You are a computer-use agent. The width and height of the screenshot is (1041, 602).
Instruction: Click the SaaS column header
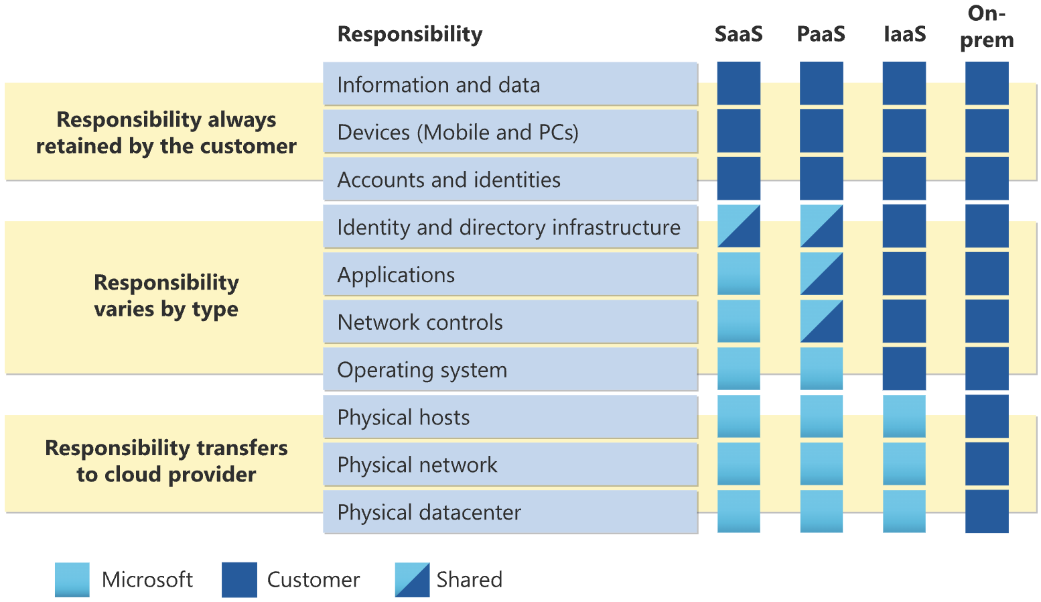point(738,34)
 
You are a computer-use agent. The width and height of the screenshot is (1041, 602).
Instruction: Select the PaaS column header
point(821,34)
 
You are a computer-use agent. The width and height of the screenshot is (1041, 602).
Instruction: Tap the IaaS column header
point(904,34)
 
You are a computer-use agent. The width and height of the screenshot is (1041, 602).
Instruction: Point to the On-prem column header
point(987,27)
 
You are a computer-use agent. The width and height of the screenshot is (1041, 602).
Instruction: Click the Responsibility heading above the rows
point(409,34)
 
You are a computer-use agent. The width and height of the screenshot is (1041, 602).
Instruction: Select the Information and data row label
point(438,85)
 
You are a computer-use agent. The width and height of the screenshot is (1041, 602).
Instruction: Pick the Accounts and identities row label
point(449,180)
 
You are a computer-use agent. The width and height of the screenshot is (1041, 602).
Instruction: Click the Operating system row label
point(422,370)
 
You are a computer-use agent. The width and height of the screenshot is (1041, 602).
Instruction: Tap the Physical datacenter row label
point(429,513)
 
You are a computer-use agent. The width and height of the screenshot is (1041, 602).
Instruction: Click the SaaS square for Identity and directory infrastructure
point(738,227)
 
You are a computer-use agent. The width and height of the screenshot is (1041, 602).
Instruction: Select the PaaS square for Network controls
point(821,322)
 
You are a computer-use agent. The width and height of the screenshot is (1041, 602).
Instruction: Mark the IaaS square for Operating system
point(904,369)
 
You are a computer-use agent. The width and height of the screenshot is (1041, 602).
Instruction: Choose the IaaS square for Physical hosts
point(904,416)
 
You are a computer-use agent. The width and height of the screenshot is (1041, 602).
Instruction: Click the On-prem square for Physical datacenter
point(987,511)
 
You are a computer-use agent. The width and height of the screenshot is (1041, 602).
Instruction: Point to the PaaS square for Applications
point(821,274)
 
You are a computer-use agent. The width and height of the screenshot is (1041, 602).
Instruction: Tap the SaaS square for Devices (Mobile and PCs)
point(738,131)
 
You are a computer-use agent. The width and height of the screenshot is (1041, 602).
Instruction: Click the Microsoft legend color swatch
point(72,580)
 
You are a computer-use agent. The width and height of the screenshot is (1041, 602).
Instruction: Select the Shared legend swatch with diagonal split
point(412,580)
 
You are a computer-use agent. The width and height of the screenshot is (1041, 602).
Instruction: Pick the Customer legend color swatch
point(239,580)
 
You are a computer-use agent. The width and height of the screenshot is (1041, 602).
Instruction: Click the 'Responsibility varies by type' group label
point(166,296)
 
